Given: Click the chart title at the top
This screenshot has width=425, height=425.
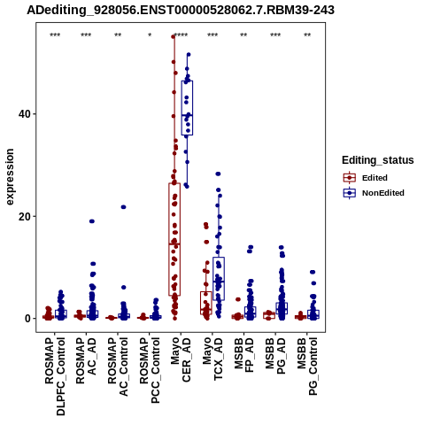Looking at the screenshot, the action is click(x=181, y=10).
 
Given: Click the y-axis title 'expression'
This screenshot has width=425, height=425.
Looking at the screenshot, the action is click(x=10, y=177).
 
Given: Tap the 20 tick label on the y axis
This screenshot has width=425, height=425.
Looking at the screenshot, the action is click(x=24, y=216).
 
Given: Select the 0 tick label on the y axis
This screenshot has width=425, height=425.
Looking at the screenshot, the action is click(x=27, y=319).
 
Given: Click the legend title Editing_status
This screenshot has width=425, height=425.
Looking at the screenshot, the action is click(x=378, y=160).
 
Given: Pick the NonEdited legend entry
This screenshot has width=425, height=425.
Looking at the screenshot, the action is click(x=374, y=193).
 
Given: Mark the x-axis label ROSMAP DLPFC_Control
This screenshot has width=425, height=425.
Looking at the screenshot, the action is click(x=55, y=376).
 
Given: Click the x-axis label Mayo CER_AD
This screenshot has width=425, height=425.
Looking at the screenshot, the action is click(x=181, y=359).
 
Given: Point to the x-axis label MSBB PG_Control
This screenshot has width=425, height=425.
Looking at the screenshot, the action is click(x=307, y=367).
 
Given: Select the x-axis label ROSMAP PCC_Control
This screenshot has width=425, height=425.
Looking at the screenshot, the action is click(x=150, y=370).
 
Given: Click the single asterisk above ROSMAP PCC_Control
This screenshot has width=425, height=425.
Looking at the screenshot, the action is click(x=150, y=35).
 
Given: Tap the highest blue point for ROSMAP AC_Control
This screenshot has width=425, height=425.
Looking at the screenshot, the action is click(x=123, y=207).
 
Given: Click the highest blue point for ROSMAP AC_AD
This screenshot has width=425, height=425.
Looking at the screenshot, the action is click(x=92, y=221).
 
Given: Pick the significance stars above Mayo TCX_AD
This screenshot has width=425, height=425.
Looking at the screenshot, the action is click(x=212, y=35).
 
